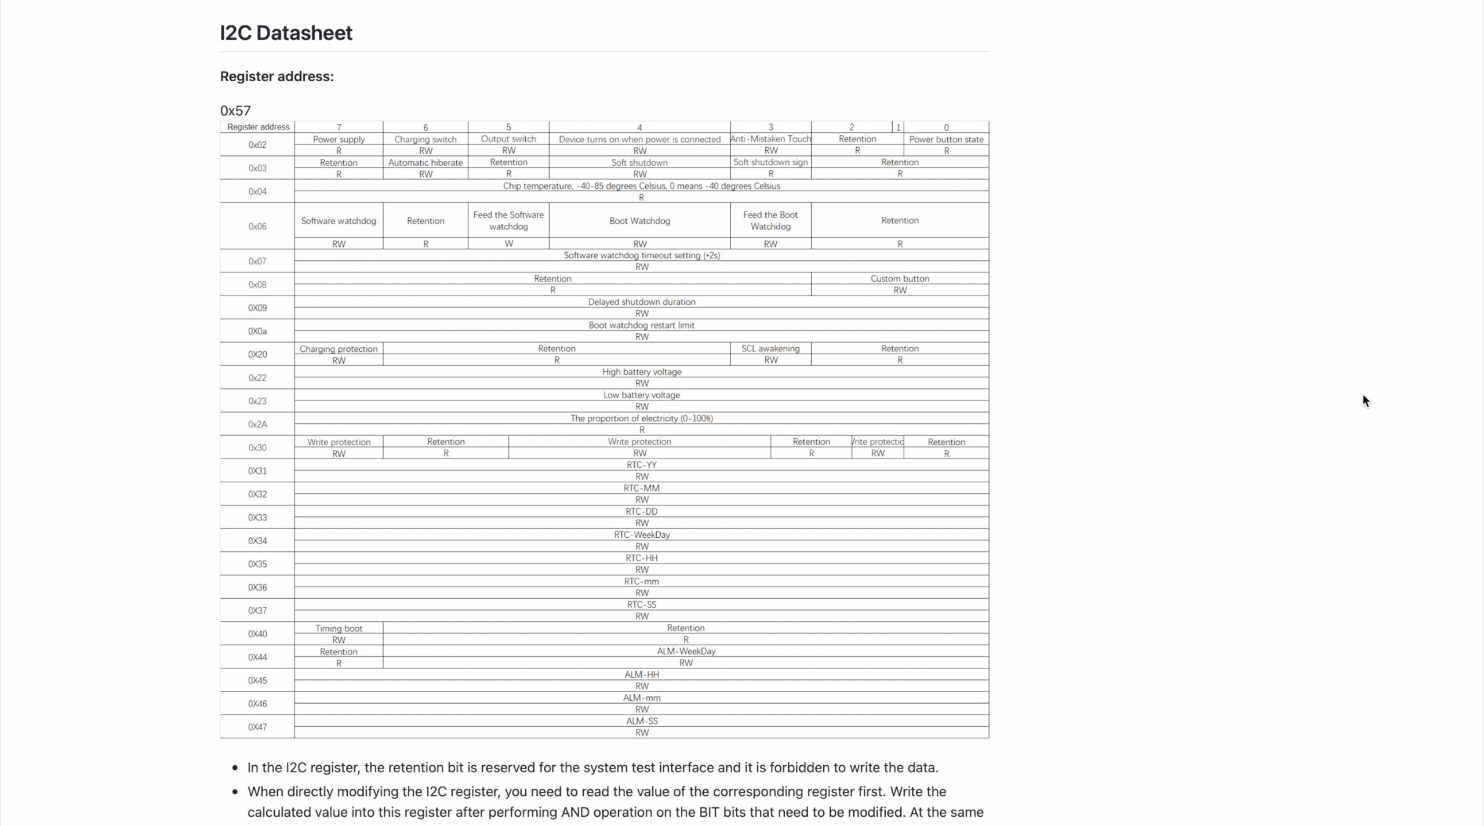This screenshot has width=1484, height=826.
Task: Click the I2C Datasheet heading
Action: point(286,33)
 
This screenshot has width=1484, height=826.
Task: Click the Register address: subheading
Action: point(277,77)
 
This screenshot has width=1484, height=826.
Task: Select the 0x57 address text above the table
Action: point(235,111)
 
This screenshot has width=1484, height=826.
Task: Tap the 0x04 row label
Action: point(257,191)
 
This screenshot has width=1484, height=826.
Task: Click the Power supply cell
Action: point(339,139)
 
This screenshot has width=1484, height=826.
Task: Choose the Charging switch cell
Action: point(425,139)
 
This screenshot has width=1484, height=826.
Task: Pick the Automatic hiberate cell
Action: point(425,162)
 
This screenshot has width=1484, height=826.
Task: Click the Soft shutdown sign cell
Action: point(770,162)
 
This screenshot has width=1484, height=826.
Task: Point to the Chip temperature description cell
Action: point(641,186)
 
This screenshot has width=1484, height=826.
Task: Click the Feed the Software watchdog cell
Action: point(508,220)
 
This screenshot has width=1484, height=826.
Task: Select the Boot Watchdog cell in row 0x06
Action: point(639,221)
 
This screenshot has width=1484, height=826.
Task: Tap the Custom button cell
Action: point(900,279)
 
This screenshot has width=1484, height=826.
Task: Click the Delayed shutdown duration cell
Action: point(641,302)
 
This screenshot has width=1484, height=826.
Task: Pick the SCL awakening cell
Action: point(770,348)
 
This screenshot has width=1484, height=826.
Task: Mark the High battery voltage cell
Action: point(641,372)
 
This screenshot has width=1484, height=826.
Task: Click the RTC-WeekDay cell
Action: point(641,534)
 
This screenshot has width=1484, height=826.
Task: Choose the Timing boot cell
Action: point(339,628)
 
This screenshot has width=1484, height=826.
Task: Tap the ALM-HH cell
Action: point(641,675)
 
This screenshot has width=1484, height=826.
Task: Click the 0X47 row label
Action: point(257,727)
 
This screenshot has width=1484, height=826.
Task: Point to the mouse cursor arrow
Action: point(1366,401)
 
